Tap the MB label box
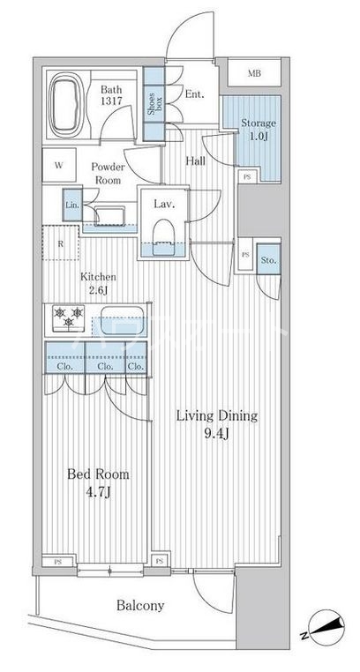point(254,73)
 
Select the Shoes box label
point(154,104)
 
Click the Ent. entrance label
point(194,94)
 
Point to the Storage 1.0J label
point(258,129)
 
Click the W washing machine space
point(59,165)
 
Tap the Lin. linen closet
point(72,205)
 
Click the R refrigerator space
point(61,243)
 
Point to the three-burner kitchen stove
point(69,318)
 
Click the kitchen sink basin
point(122,320)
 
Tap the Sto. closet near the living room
point(269,259)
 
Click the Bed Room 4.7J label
point(98,483)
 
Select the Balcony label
point(140,606)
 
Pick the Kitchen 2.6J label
point(98,283)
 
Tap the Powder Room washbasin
point(109,214)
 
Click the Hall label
point(195,161)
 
